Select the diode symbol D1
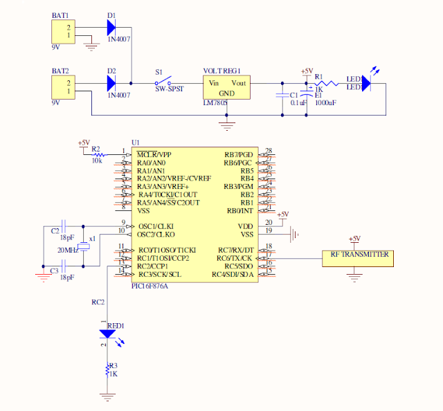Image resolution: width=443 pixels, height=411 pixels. (x=111, y=27)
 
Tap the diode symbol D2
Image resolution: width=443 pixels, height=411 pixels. (x=111, y=84)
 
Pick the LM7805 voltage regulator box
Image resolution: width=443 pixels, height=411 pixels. (x=226, y=88)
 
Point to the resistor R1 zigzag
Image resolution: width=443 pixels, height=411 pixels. (x=327, y=84)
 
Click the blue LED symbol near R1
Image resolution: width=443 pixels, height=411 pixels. (x=365, y=83)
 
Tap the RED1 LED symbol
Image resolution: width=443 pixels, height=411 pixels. (x=107, y=334)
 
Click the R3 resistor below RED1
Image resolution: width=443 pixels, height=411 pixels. (x=107, y=369)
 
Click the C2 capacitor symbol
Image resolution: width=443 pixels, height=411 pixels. (x=64, y=226)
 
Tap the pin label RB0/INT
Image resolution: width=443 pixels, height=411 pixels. (x=240, y=211)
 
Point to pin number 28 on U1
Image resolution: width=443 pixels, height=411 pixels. (x=269, y=151)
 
